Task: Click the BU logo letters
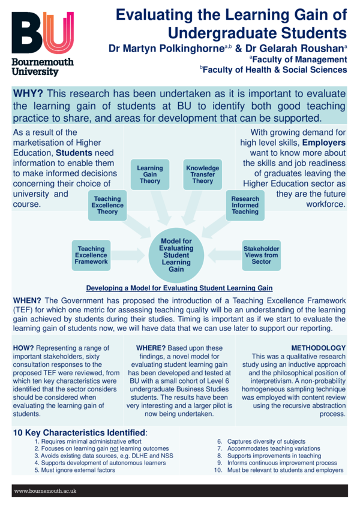pos(43,32)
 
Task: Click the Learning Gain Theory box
pos(150,174)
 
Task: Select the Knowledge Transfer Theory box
pos(202,174)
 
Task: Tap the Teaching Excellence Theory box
pos(107,205)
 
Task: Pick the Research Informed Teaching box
pos(245,205)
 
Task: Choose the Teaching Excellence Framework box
pos(91,255)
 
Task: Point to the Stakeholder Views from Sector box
pos(261,255)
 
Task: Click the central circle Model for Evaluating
pos(176,255)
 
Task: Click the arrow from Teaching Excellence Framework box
pos(128,255)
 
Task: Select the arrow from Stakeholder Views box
pos(225,255)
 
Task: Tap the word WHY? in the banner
pos(28,94)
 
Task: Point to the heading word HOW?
pos(23,348)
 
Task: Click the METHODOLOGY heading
pos(319,348)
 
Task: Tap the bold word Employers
pos(324,143)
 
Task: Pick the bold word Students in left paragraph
pos(74,153)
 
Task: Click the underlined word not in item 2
pos(114,448)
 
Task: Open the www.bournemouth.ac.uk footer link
pos(45,491)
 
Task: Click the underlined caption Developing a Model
pos(179,288)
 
